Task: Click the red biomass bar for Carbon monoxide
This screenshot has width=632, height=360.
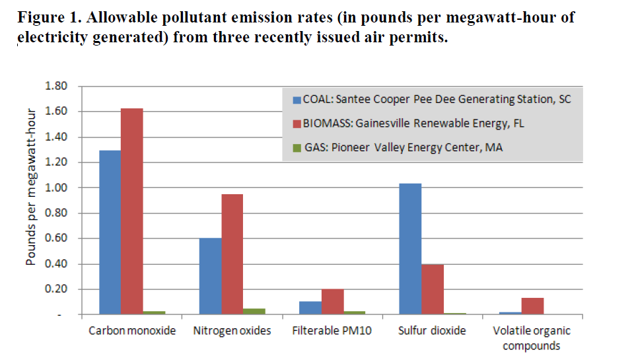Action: coord(132,211)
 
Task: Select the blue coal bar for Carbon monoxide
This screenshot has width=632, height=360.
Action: coord(110,233)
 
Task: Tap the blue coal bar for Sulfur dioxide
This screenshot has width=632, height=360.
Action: coord(410,249)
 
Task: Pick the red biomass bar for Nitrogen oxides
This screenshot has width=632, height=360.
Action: coord(232,254)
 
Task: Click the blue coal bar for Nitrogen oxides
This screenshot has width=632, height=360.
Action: coord(211,276)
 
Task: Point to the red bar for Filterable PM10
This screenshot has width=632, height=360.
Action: coord(333,302)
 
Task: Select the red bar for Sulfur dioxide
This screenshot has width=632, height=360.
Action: coord(433,289)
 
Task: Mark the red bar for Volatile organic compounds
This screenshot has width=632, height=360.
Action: coord(532,306)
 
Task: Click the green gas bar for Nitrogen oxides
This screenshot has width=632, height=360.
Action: coord(254,311)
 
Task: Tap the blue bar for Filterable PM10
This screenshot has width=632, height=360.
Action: coord(310,308)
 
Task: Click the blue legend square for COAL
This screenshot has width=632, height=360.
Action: coord(297,100)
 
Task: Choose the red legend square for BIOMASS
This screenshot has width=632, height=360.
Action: coord(297,124)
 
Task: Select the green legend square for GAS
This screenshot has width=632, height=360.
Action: coord(297,148)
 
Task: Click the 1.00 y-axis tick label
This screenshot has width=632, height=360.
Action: coord(56,188)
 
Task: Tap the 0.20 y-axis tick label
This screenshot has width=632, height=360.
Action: coord(56,289)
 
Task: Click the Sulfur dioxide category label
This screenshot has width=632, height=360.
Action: coord(432,330)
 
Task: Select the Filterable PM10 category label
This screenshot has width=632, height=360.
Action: coord(332,330)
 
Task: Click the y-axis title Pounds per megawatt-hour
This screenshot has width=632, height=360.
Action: coord(30,187)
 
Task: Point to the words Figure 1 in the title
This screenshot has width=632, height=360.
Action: coord(48,17)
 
